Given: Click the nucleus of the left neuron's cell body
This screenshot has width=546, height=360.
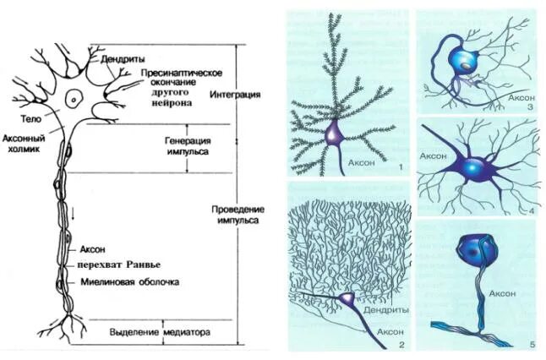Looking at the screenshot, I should pyautogui.click(x=75, y=99).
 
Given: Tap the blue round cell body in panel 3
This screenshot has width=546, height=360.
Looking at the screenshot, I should pyautogui.click(x=464, y=59).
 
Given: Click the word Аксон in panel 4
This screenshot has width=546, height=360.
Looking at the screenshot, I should pyautogui.click(x=434, y=158).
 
